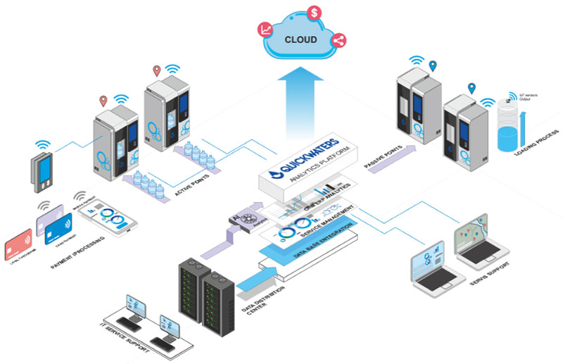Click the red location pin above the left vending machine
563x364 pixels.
point(104,101)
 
